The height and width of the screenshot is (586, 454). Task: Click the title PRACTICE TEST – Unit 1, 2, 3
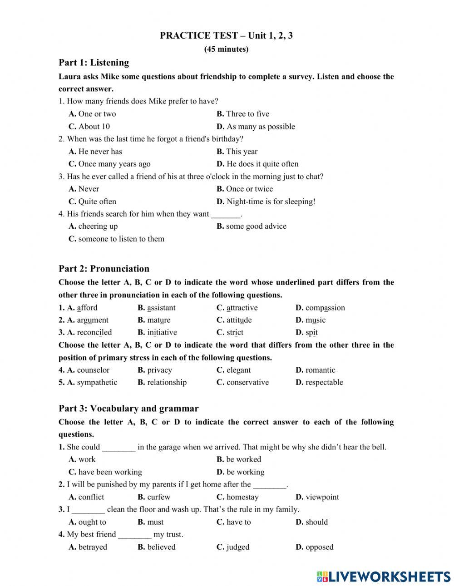pyautogui.click(x=226, y=35)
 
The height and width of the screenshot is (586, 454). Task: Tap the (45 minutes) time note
pyautogui.click(x=226, y=49)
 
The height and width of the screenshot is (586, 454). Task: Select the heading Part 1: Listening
pyautogui.click(x=94, y=63)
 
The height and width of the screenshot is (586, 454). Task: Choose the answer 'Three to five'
pyautogui.click(x=247, y=114)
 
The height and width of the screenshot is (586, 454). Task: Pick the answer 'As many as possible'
pyautogui.click(x=261, y=127)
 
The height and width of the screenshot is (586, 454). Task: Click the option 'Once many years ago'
pyautogui.click(x=114, y=164)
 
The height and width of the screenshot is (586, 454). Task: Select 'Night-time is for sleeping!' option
pyautogui.click(x=271, y=202)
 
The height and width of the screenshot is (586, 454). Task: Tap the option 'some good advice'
pyautogui.click(x=256, y=226)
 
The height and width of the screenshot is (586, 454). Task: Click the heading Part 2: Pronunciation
pyautogui.click(x=104, y=269)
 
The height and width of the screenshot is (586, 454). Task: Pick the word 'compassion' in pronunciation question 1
pyautogui.click(x=325, y=308)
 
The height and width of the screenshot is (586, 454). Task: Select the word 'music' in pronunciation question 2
pyautogui.click(x=316, y=320)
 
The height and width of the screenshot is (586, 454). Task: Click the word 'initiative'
pyautogui.click(x=162, y=332)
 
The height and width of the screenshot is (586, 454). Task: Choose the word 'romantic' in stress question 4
pyautogui.click(x=321, y=370)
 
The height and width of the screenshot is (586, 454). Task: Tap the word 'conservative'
pyautogui.click(x=247, y=382)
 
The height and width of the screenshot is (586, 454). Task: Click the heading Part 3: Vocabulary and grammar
pyautogui.click(x=128, y=409)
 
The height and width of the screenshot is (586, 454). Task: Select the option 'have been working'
pyautogui.click(x=110, y=472)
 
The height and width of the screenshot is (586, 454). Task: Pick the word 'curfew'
pyautogui.click(x=158, y=497)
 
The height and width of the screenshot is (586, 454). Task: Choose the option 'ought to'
pyautogui.click(x=92, y=522)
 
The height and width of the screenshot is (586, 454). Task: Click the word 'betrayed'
pyautogui.click(x=93, y=547)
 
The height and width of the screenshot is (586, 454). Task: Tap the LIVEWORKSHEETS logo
pyautogui.click(x=384, y=576)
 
